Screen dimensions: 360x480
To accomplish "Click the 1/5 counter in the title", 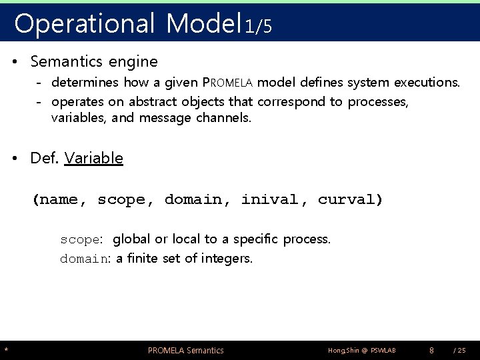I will pos(257,26).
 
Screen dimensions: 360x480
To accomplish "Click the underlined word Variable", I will pos(94,158).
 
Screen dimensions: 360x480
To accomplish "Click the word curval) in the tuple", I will pos(350,199).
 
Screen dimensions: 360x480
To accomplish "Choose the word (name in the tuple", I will pos(59,199).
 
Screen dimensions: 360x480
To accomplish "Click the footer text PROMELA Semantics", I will pos(185,350).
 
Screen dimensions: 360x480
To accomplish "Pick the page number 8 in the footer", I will pos(432,350).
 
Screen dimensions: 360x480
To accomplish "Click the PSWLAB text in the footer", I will pos(379,350).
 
